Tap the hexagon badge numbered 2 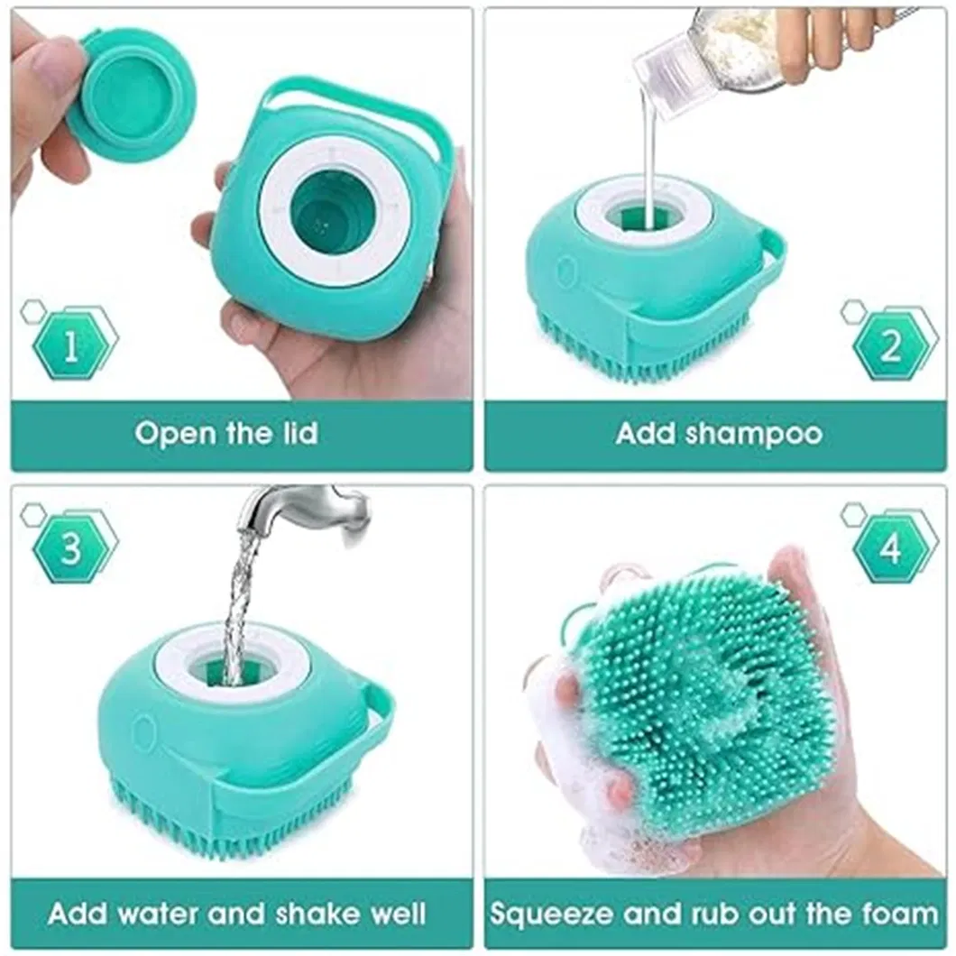click(x=889, y=344)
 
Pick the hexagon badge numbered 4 click(x=889, y=547)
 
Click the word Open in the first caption click(x=170, y=434)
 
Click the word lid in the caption click(x=297, y=434)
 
